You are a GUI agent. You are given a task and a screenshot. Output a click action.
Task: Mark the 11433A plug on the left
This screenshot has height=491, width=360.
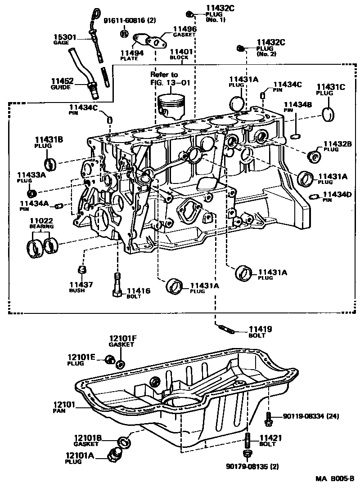[32, 193]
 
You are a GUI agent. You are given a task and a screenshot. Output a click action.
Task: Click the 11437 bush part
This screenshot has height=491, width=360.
[81, 270]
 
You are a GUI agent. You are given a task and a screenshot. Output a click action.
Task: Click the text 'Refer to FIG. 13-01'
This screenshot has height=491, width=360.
[164, 78]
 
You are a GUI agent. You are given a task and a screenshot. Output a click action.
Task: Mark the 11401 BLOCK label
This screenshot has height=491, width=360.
[181, 54]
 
